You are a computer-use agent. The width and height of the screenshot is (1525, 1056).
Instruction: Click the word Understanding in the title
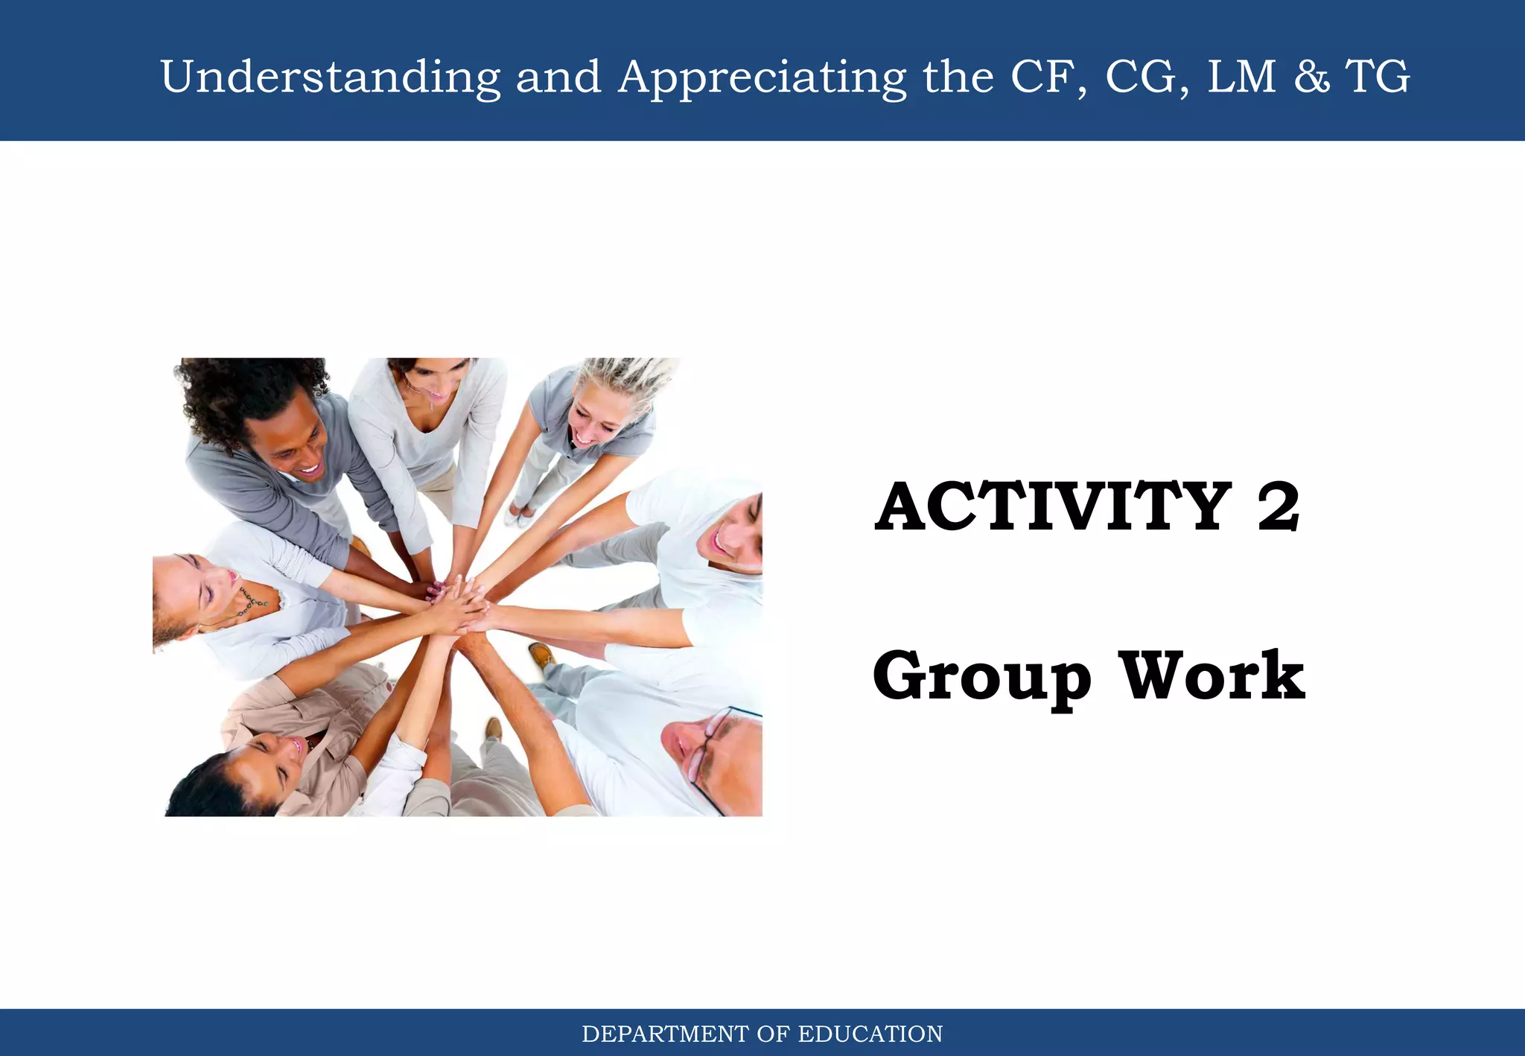tap(330, 77)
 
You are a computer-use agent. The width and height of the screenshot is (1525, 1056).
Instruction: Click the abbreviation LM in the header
tap(1241, 77)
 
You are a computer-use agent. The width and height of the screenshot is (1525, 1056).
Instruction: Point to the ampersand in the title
tap(1311, 77)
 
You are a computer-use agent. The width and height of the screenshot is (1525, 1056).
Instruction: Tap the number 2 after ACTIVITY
tap(1278, 507)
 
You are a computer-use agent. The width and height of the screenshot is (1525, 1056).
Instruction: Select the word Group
tap(981, 676)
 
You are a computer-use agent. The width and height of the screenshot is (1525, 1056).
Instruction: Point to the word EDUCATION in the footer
tap(870, 1034)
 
